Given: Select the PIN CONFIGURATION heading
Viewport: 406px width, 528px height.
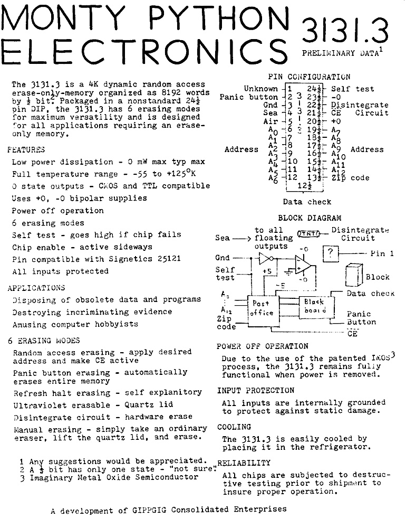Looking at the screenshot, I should coord(309,77).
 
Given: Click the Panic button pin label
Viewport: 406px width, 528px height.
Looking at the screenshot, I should coord(248,97).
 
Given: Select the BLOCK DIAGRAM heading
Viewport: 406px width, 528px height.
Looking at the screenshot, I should coord(310,218).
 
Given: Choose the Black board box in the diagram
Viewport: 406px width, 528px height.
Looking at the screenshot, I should coord(314,306).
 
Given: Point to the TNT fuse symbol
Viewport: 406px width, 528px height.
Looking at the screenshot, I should coord(310,233).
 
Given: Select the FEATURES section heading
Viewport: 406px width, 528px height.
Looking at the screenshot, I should coord(26,150).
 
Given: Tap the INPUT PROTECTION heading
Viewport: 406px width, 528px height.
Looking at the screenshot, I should coord(256,391).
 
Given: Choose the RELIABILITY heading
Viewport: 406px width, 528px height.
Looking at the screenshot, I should coord(244,463).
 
